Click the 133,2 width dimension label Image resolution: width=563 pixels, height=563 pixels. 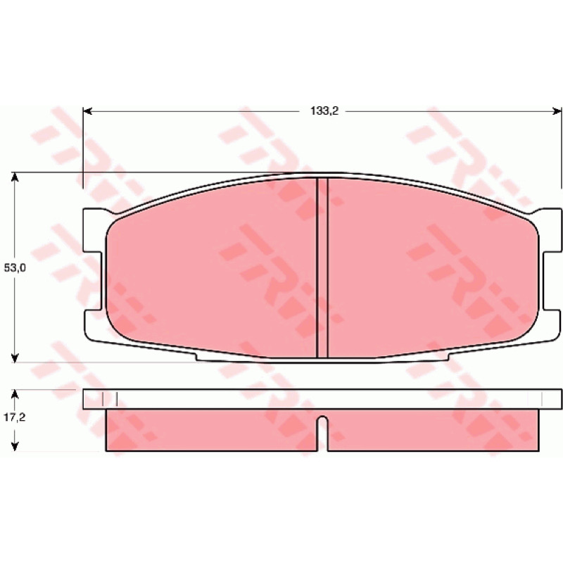point(324,111)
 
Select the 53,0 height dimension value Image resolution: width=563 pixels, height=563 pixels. point(15,267)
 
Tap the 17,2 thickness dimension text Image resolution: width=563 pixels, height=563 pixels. point(15,417)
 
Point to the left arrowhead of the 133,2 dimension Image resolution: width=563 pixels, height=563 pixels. point(87,111)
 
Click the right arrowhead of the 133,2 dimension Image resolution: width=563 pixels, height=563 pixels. point(557,111)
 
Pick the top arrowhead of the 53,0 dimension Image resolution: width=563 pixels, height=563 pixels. point(15,177)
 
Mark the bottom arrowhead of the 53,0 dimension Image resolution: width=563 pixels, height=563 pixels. point(15,358)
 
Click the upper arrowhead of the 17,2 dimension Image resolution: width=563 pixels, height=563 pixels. point(15,394)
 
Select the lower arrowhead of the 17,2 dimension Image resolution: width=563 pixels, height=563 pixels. point(15,446)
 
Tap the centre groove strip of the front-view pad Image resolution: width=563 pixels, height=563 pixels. point(322,267)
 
